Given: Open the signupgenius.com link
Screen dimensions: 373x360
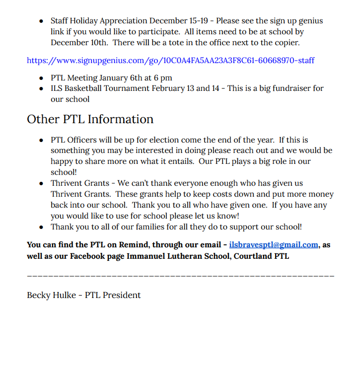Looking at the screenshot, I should tap(170, 61).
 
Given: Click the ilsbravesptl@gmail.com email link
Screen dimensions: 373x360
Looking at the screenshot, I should tap(274, 245).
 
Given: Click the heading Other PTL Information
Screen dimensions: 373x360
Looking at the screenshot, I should tap(90, 120).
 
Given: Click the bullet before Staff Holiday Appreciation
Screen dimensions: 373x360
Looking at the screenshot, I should tap(41, 21).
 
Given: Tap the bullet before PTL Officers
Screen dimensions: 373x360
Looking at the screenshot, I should tap(41, 141).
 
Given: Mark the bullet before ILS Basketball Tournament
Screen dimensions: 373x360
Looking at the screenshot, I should tap(41, 89).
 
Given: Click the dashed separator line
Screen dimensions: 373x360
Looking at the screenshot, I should tap(180, 276).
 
